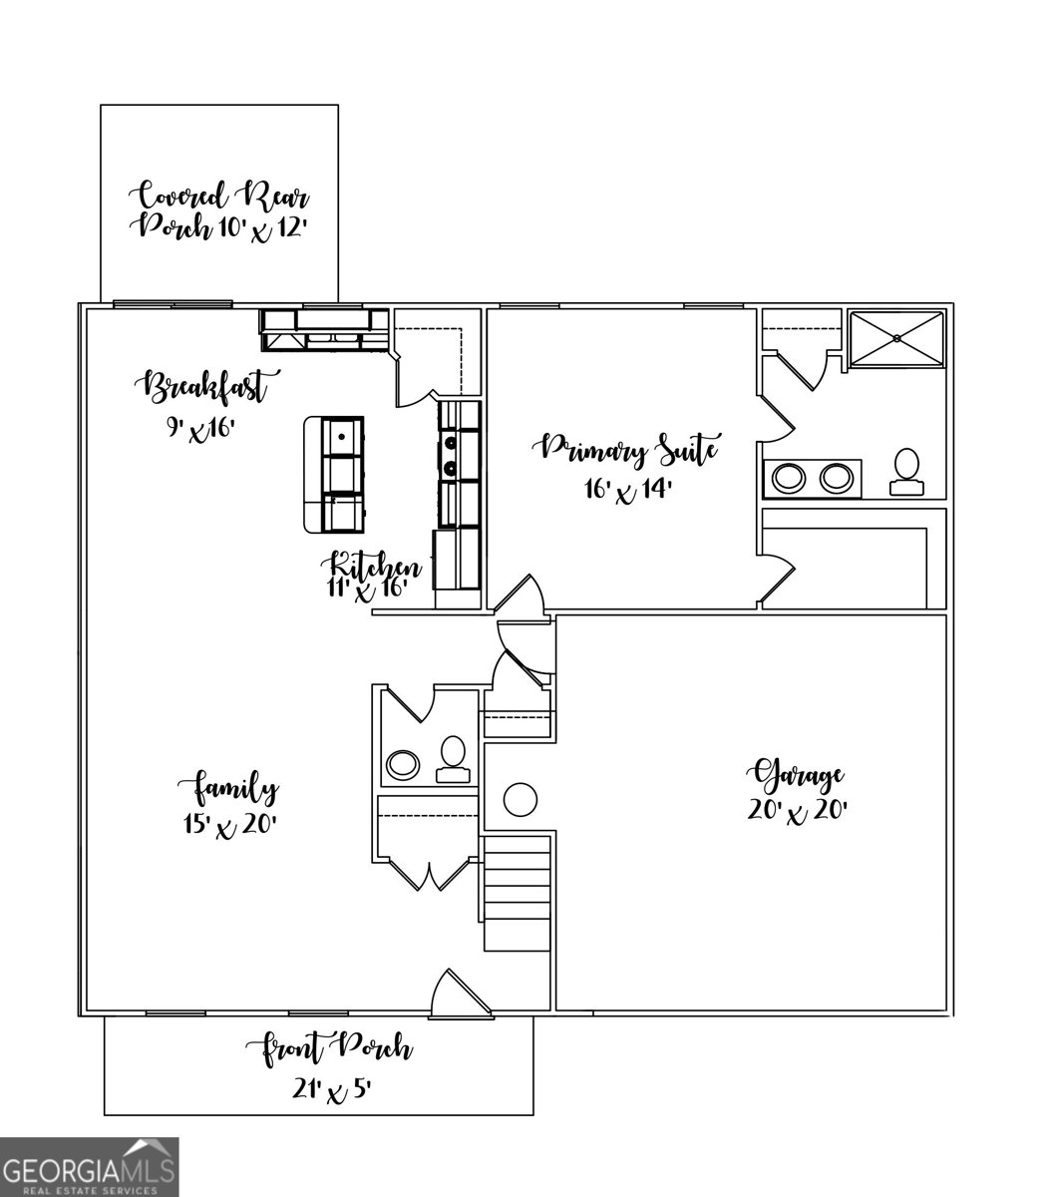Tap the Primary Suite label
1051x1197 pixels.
(x=628, y=450)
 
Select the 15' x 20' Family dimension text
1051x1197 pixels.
(x=225, y=824)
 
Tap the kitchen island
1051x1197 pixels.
(x=334, y=474)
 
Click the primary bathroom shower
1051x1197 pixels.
(x=895, y=339)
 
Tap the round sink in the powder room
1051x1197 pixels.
(x=404, y=765)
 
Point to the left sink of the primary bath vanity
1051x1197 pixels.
(x=788, y=478)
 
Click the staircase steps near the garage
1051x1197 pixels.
(x=517, y=893)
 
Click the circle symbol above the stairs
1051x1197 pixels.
(x=521, y=799)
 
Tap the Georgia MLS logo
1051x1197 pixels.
(x=90, y=1167)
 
